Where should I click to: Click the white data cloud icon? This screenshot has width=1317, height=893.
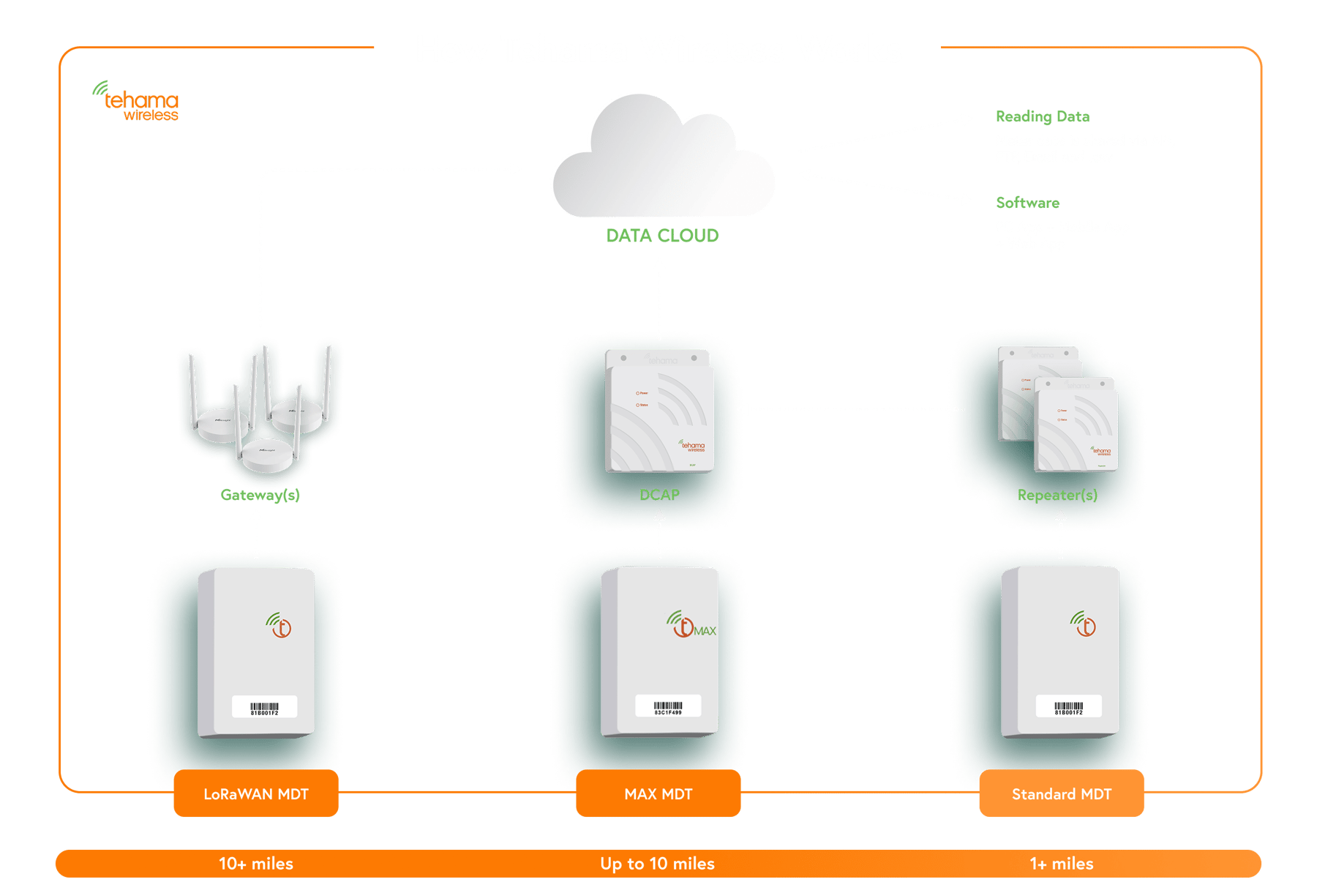coord(662,161)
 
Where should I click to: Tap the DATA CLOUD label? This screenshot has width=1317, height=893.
coord(662,236)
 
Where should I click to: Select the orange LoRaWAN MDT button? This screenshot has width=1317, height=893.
coord(256,793)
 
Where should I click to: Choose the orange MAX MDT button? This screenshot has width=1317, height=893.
coord(658,793)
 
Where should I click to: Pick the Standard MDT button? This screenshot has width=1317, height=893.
coord(1061,793)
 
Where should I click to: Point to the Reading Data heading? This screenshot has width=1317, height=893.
coord(1043,116)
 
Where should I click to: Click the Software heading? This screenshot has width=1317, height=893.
coord(1027,203)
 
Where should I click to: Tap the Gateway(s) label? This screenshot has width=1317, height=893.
coord(260,495)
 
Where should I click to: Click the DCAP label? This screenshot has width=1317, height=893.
coord(659,495)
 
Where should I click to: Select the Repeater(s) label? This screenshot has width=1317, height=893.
coord(1057,495)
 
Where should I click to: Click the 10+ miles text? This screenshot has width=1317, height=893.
coord(256,864)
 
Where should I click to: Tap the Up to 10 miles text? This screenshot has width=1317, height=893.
coord(657,864)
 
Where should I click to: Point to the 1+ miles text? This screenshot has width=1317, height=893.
coord(1061,864)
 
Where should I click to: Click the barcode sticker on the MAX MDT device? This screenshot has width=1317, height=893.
coord(667,706)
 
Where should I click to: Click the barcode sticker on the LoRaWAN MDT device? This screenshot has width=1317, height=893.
coord(264,707)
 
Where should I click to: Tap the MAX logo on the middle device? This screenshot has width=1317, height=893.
coord(691,626)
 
